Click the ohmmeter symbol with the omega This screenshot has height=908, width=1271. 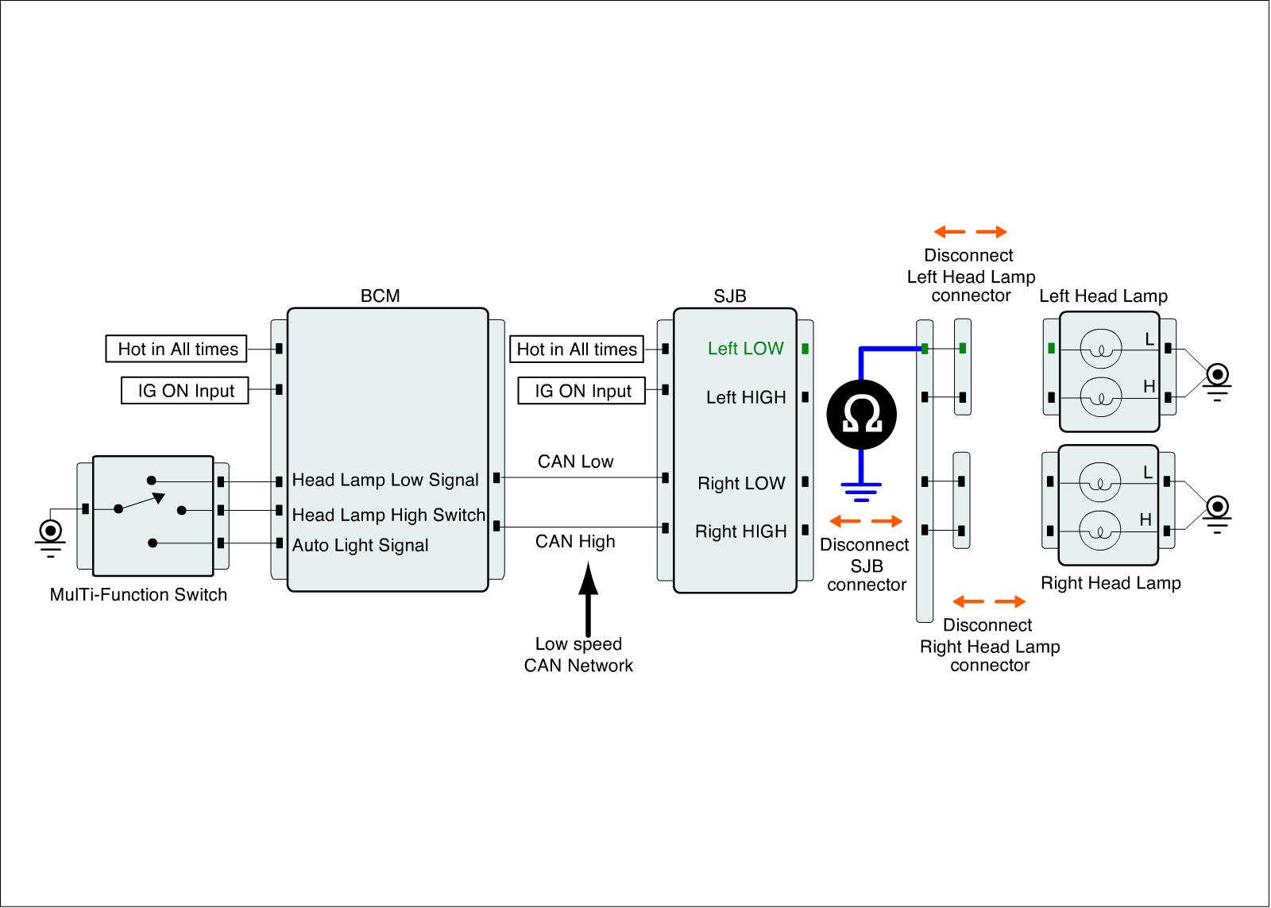pos(861,415)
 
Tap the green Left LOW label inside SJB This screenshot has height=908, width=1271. pos(745,349)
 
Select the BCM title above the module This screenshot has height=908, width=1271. pos(381,296)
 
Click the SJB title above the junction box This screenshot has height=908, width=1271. pos(730,296)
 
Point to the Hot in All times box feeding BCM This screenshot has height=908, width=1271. pos(176,349)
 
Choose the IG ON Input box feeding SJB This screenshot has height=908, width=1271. pos(581,390)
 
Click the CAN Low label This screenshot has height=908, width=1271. pos(575,462)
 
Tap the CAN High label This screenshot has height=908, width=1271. pos(575,542)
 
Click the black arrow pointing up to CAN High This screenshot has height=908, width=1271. pos(589,599)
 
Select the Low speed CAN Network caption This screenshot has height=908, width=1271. pos(578,655)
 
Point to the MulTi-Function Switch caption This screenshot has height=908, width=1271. pos(138,594)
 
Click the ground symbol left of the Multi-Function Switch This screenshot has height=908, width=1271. pos(51,538)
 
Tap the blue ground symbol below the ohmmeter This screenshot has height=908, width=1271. pos(861,492)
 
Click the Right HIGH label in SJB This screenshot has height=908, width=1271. pos(740,531)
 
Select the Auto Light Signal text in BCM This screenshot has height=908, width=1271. pos(361,545)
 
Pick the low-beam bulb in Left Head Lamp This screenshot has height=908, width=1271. pos(1101,349)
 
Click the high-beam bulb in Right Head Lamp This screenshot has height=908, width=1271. pos(1099,531)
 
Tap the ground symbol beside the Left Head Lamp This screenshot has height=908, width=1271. pos(1217,382)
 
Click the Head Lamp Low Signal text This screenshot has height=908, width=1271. pos(385,480)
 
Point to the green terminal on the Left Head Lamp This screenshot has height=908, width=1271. pos(1052,349)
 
